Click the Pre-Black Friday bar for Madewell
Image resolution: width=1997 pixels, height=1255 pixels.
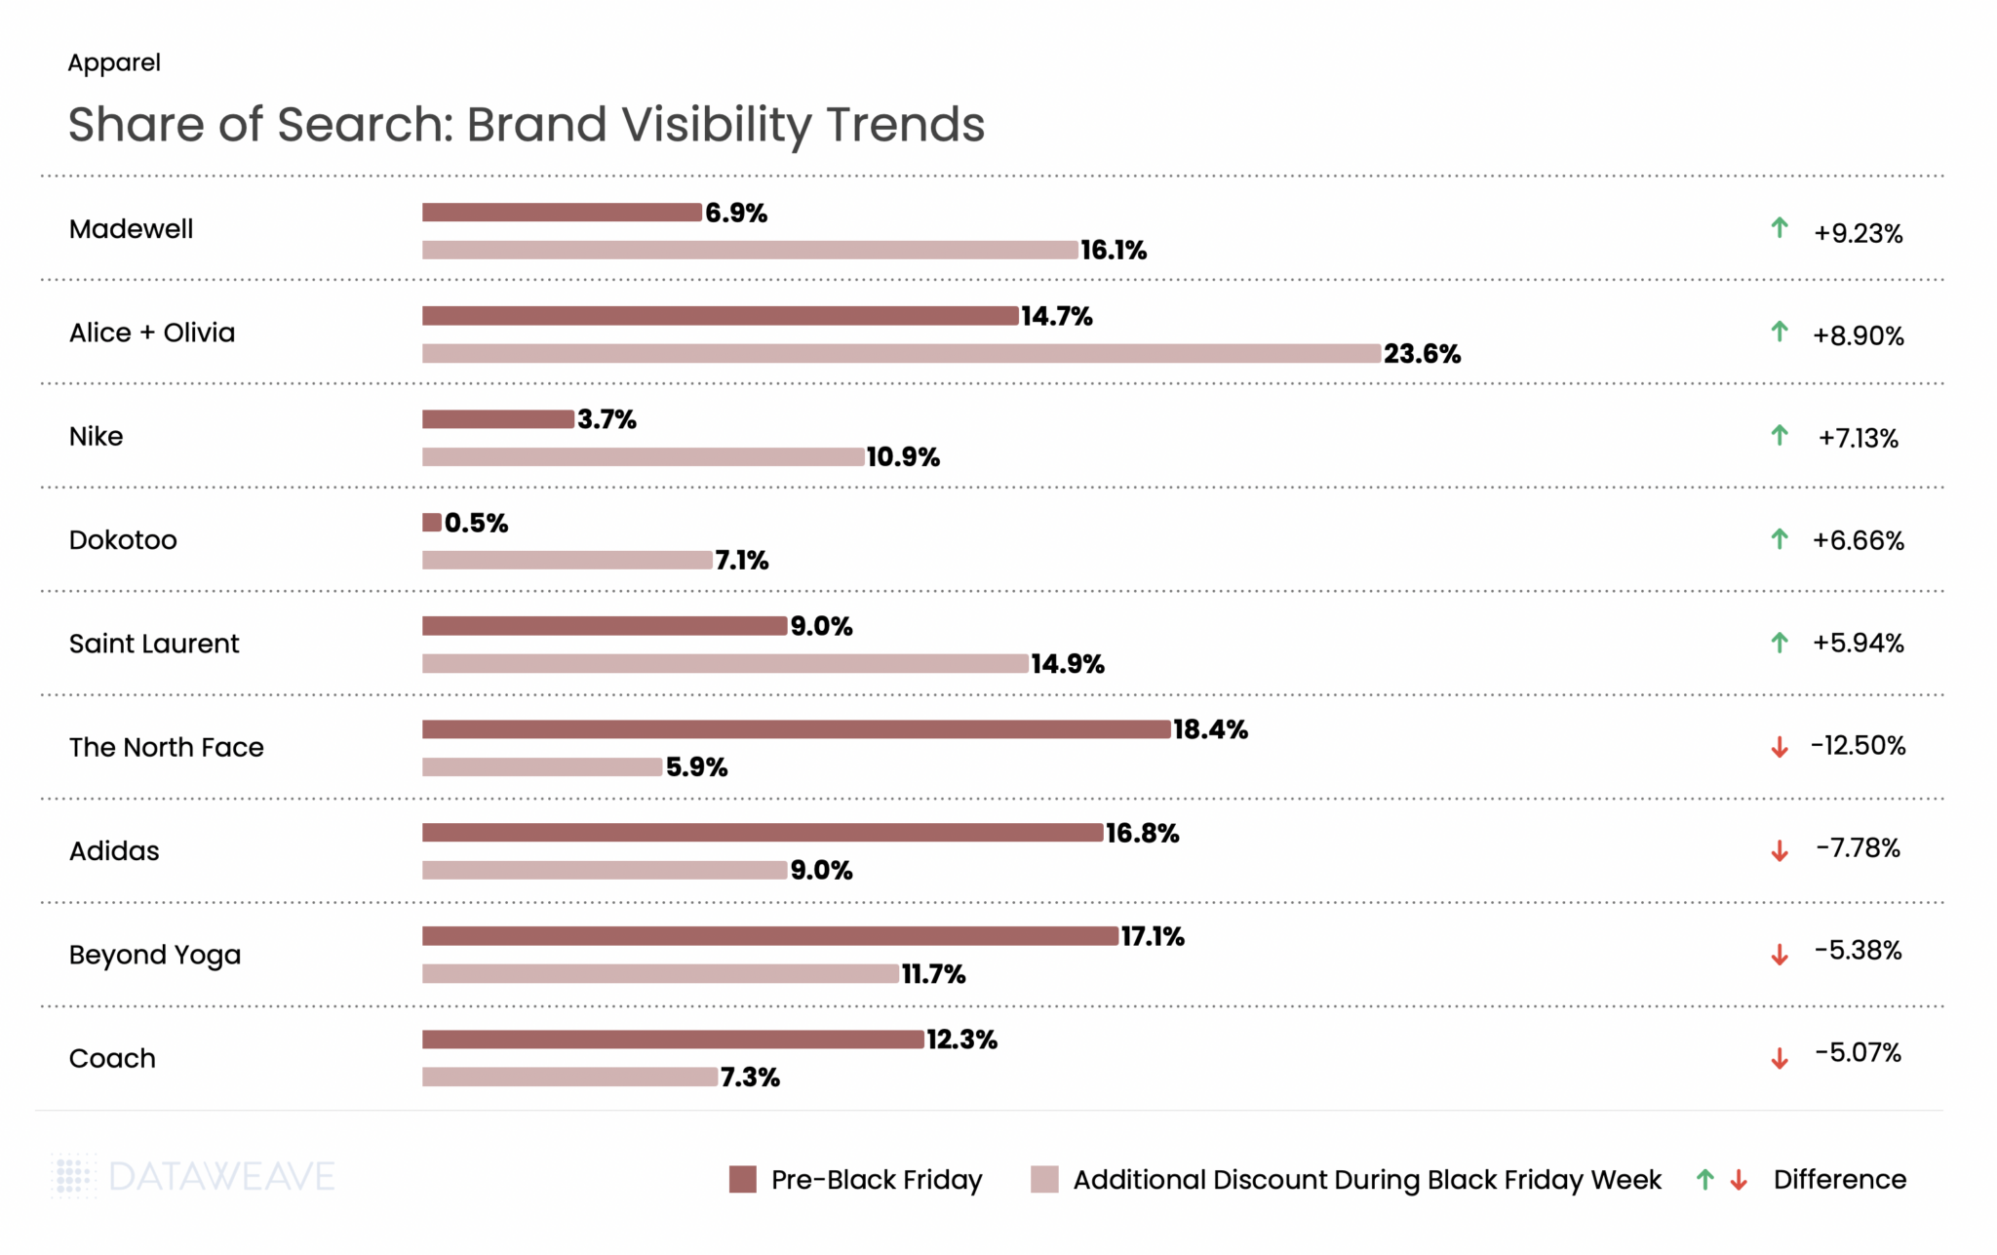click(562, 213)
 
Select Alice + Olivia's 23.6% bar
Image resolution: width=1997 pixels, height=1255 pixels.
click(901, 353)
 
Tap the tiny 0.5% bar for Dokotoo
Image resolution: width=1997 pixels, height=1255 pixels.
click(432, 523)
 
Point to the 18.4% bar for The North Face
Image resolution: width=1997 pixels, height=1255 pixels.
click(796, 729)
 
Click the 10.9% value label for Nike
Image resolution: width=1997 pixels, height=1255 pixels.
click(903, 457)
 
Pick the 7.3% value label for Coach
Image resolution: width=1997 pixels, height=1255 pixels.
click(750, 1078)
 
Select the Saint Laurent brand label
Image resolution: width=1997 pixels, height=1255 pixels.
click(154, 644)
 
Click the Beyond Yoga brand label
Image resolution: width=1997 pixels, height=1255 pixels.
click(154, 955)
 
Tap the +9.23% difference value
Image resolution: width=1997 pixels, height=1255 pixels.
click(1858, 233)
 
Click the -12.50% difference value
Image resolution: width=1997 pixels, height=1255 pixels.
click(1858, 746)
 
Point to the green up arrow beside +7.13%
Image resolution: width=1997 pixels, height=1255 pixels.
click(1780, 436)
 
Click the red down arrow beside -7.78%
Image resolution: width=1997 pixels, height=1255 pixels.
click(1780, 851)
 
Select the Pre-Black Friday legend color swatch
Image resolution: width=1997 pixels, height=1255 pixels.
click(743, 1179)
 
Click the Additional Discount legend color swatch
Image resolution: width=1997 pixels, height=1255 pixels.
click(1044, 1179)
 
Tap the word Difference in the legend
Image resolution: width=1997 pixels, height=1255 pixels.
click(1839, 1180)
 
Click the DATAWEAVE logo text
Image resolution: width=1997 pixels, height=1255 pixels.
click(221, 1177)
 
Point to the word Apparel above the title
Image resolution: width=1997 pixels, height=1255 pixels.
click(114, 62)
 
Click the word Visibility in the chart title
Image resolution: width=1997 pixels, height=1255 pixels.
click(717, 125)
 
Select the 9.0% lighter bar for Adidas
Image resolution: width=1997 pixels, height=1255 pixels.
click(605, 870)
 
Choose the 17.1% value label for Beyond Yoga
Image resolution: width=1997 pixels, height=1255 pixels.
click(1153, 937)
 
